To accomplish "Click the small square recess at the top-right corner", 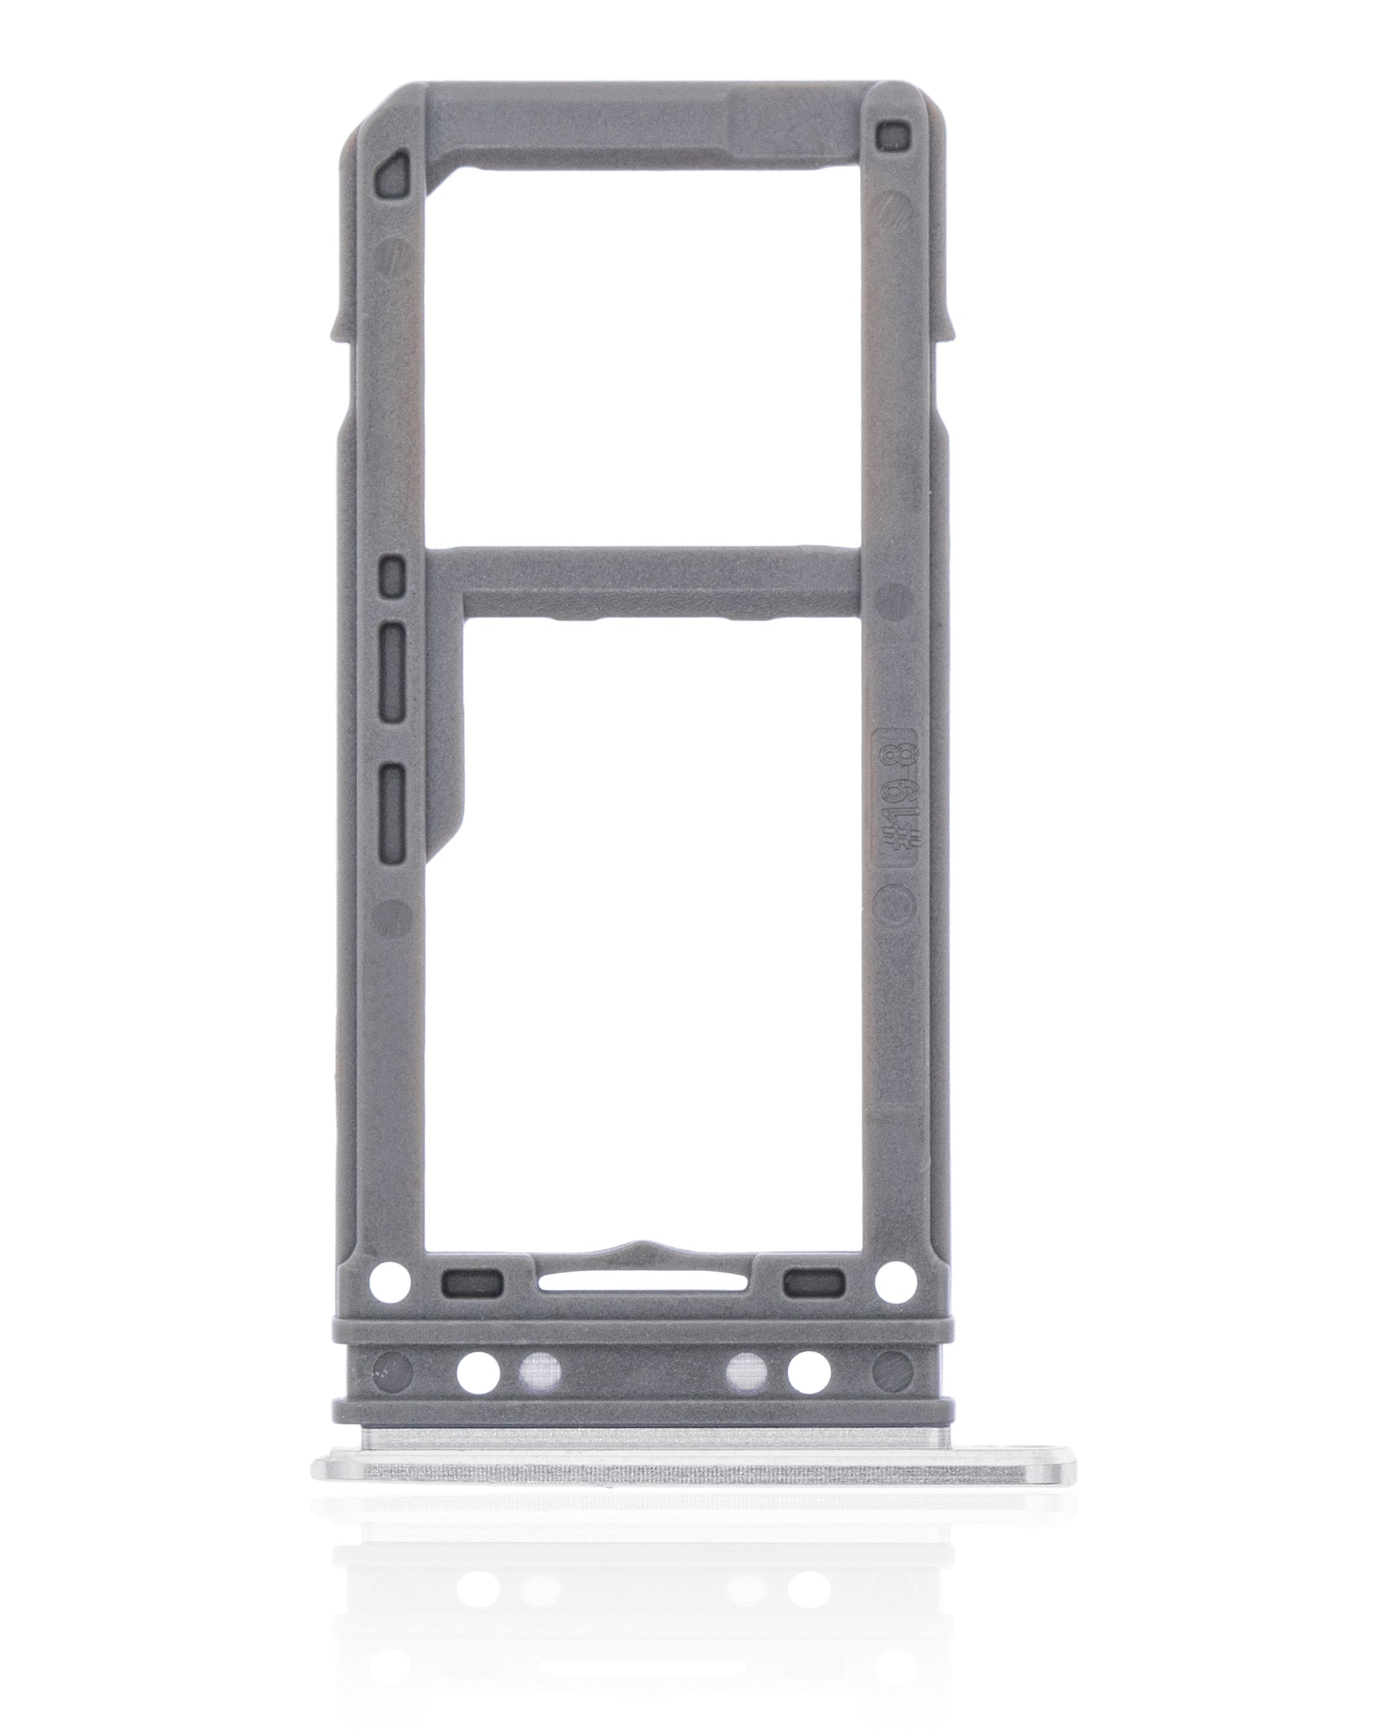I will [891, 135].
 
